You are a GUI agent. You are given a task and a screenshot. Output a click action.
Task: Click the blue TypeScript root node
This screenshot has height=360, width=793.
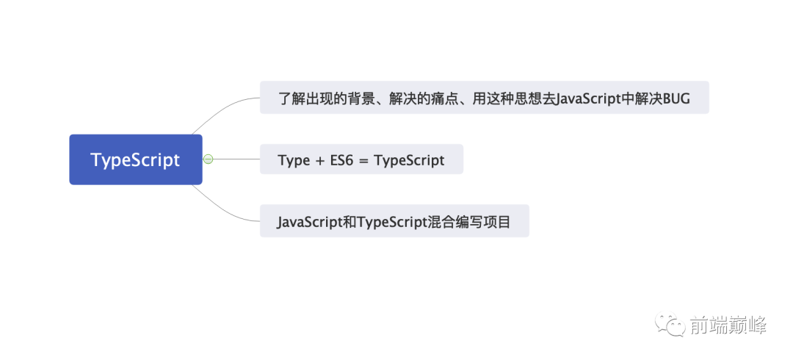tap(135, 159)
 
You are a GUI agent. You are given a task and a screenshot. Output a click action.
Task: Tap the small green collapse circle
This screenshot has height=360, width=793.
tap(208, 159)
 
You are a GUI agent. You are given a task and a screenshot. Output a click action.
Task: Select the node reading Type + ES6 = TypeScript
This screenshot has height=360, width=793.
tap(361, 159)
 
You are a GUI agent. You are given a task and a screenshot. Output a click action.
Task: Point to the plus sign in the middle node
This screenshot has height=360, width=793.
tap(319, 160)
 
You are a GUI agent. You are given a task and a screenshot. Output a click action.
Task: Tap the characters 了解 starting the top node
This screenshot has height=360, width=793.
tap(294, 98)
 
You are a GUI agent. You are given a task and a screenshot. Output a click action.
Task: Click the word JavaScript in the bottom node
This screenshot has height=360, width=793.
tap(309, 221)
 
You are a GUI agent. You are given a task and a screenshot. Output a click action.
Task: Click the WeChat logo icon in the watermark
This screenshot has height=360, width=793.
tap(672, 323)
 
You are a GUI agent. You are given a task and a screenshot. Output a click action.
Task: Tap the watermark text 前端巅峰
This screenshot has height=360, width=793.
tap(727, 324)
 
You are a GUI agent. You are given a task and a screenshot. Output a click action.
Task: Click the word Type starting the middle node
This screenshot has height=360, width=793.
tap(294, 160)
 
